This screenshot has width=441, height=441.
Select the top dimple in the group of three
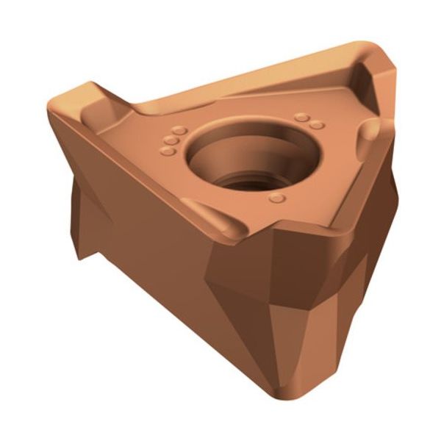click(x=179, y=130)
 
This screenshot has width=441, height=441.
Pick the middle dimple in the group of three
click(x=172, y=140)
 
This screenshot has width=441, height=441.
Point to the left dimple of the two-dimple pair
click(x=300, y=117)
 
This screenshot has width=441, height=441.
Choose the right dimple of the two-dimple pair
click(x=316, y=125)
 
